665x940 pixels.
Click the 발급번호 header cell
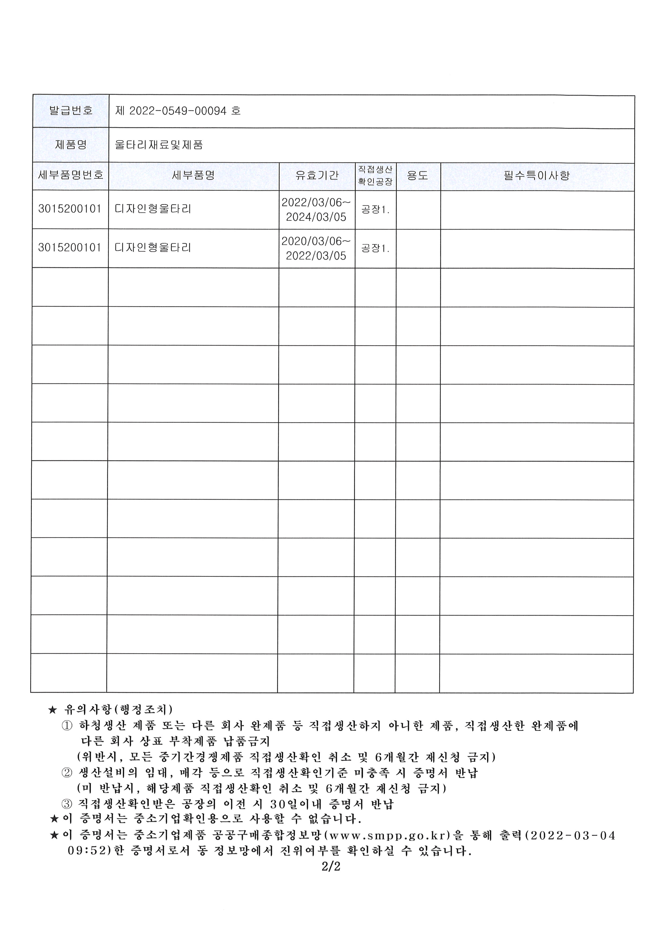(71, 110)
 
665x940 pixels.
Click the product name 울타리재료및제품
(159, 145)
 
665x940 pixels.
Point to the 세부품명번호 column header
(71, 176)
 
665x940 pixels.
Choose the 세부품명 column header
(193, 176)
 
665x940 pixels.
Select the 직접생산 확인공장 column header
(375, 176)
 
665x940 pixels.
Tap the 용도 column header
(418, 176)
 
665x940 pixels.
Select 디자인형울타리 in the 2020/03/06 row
(153, 248)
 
